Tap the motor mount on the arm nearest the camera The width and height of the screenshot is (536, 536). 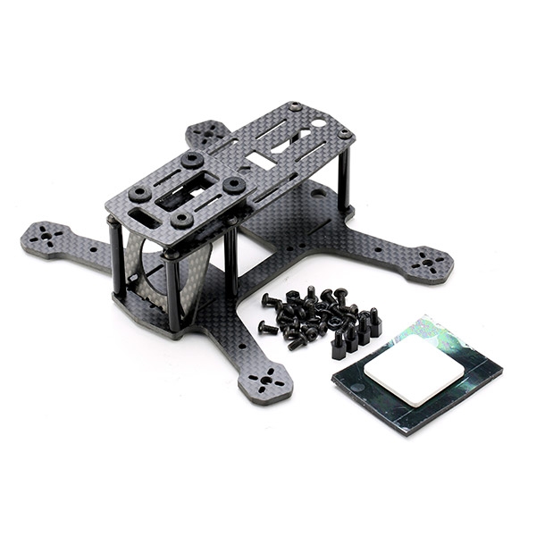[265, 385]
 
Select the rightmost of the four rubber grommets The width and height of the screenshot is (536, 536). [234, 184]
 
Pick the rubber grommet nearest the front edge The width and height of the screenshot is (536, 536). [182, 218]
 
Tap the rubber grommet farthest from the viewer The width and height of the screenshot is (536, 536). [191, 161]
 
